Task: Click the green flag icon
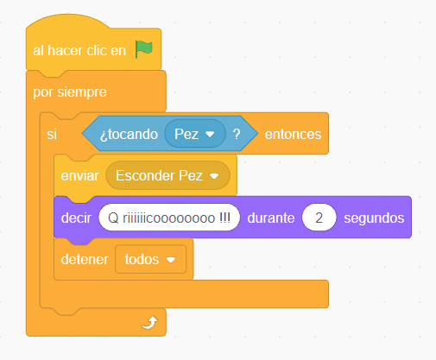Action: click(x=144, y=49)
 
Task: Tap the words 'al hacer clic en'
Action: click(x=79, y=51)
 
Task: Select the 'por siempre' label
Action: click(x=70, y=92)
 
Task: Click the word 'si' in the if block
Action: click(x=52, y=134)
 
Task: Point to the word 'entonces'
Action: click(x=293, y=134)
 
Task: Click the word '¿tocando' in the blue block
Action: click(x=129, y=135)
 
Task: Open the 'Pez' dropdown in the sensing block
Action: click(x=195, y=134)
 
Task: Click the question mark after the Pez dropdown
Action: click(x=237, y=134)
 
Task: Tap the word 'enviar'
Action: click(x=80, y=175)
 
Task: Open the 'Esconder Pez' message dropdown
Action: click(x=167, y=175)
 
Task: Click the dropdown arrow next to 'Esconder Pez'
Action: click(x=214, y=176)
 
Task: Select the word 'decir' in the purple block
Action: click(x=76, y=218)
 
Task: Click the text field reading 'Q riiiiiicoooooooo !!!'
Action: click(x=169, y=218)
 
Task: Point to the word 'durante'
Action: click(x=271, y=218)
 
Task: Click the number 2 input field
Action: click(x=319, y=218)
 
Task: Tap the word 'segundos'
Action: click(x=374, y=218)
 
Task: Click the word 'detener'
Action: click(x=85, y=259)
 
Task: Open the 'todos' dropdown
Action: click(x=151, y=259)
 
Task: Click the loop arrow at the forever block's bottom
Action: click(x=150, y=322)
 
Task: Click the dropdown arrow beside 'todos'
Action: click(x=171, y=260)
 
